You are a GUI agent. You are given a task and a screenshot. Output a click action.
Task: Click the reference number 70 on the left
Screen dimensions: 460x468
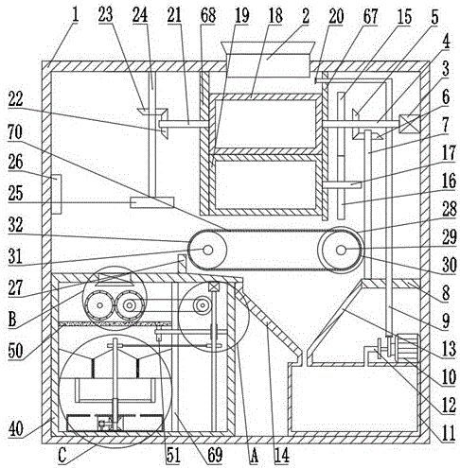15,132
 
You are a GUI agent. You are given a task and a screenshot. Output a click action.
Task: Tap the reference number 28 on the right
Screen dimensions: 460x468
450,209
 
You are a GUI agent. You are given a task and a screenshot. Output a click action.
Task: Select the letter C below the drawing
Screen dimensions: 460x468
62,456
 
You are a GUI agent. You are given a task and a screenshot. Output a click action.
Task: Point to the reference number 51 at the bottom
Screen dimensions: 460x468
173,456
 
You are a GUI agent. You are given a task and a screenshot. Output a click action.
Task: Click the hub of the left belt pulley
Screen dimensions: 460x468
207,251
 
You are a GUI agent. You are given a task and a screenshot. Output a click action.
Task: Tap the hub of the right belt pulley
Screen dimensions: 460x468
341,251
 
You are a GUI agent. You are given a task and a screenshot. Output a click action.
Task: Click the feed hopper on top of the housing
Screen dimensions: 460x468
268,60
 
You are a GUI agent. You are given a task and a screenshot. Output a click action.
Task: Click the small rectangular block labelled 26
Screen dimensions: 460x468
56,194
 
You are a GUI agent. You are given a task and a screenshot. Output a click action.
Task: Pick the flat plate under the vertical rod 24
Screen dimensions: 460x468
151,202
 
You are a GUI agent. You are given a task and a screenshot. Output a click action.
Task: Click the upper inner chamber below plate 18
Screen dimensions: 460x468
266,124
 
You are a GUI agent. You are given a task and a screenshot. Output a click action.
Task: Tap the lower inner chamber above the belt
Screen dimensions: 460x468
266,184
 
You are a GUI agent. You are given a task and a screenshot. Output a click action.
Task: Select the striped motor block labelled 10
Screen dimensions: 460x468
408,346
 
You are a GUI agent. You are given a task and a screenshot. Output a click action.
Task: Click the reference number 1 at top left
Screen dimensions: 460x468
75,14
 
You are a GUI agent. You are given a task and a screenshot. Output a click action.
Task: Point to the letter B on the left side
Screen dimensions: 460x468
12,320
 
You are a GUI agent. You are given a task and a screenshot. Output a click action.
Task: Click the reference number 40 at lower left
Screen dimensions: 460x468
15,429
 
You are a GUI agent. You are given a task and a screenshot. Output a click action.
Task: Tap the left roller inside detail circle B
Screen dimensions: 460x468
99,305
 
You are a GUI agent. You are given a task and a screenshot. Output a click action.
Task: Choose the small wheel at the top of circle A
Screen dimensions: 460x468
203,304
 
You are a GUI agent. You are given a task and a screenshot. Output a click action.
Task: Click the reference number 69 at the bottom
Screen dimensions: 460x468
215,456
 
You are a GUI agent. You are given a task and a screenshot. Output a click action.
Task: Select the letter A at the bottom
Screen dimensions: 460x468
254,456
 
